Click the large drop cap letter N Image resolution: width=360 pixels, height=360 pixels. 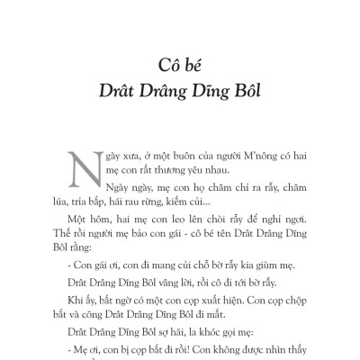click(84, 164)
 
